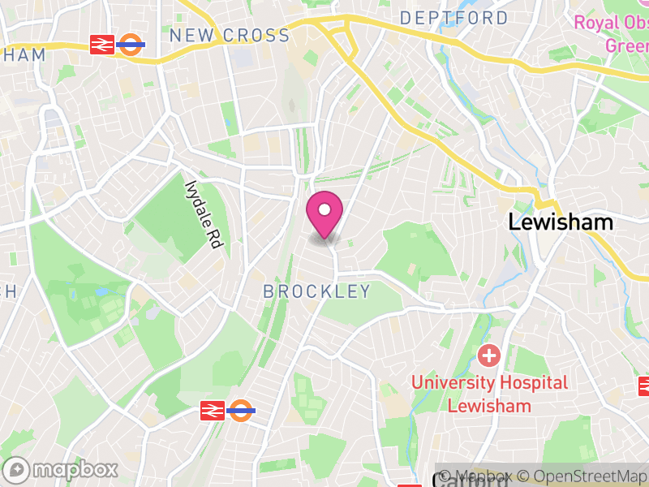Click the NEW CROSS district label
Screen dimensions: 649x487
tap(230, 36)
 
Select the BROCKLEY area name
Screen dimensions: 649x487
tap(317, 291)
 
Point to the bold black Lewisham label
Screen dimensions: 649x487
tap(561, 222)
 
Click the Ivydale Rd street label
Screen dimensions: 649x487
tap(204, 213)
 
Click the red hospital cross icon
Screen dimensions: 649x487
tap(488, 355)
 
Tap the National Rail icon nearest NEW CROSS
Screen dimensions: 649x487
tap(102, 45)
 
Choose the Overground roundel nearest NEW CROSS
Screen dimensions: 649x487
tap(131, 45)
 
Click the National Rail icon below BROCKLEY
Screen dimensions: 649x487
tap(212, 411)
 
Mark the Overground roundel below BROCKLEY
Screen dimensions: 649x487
tap(241, 411)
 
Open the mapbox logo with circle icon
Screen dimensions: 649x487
tap(62, 469)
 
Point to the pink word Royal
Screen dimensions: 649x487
tap(597, 22)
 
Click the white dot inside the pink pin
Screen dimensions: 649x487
tap(324, 210)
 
